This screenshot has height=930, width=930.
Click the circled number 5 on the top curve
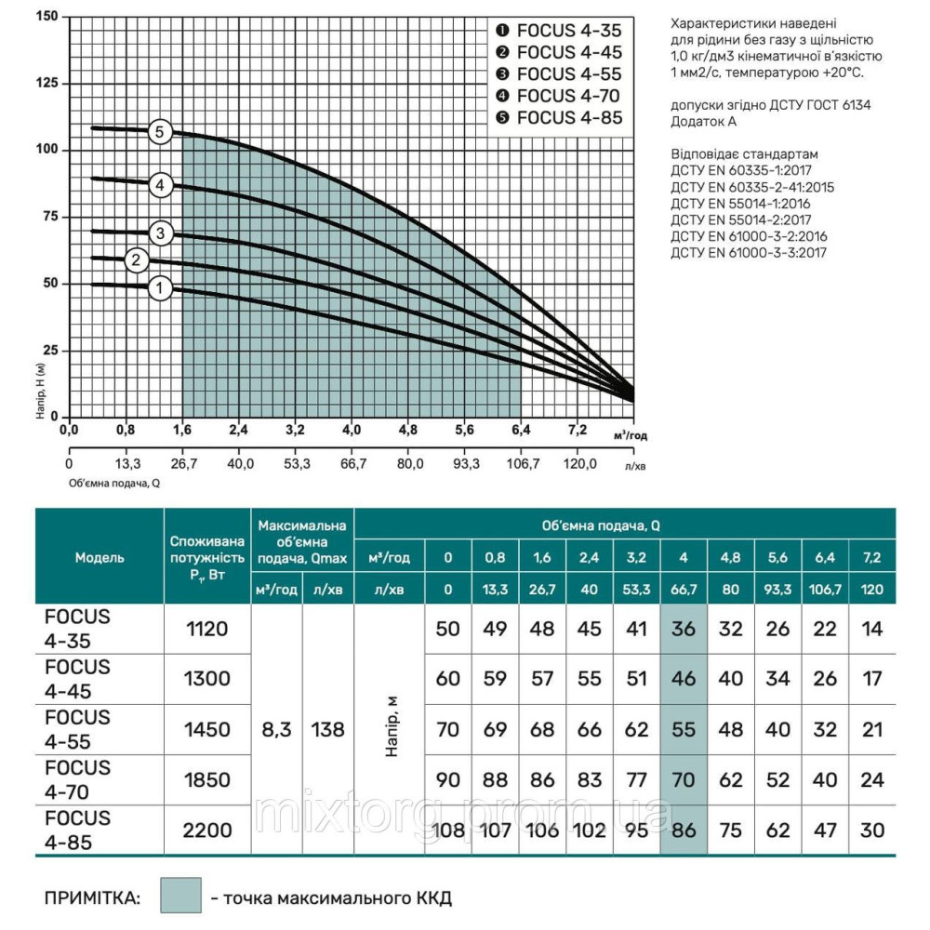(x=159, y=132)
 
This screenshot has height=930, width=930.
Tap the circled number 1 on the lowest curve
(x=159, y=289)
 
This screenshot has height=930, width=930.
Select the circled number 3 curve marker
(x=160, y=232)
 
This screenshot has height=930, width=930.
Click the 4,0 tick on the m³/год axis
(x=351, y=431)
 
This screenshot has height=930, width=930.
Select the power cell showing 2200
(x=207, y=830)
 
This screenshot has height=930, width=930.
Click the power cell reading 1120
(x=207, y=630)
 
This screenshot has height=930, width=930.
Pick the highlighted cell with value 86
(x=684, y=830)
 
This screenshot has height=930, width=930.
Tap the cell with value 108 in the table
(x=447, y=830)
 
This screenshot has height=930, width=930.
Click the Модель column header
(x=100, y=557)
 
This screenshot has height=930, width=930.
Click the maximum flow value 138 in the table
(x=327, y=730)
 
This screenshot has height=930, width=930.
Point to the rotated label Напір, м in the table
(x=392, y=730)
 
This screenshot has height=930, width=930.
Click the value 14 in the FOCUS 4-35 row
(x=872, y=630)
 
